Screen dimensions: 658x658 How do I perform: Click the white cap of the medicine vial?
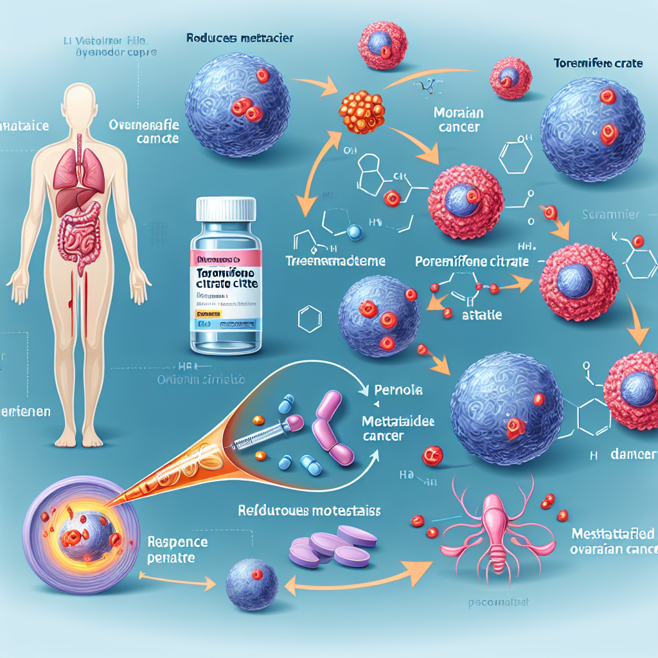coord(227,209)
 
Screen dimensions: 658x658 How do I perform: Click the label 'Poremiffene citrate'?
coord(472,262)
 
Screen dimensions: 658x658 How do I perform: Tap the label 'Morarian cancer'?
coord(458,121)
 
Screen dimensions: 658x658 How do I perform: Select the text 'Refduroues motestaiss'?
coord(308,511)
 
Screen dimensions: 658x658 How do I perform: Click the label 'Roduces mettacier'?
coord(240,38)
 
